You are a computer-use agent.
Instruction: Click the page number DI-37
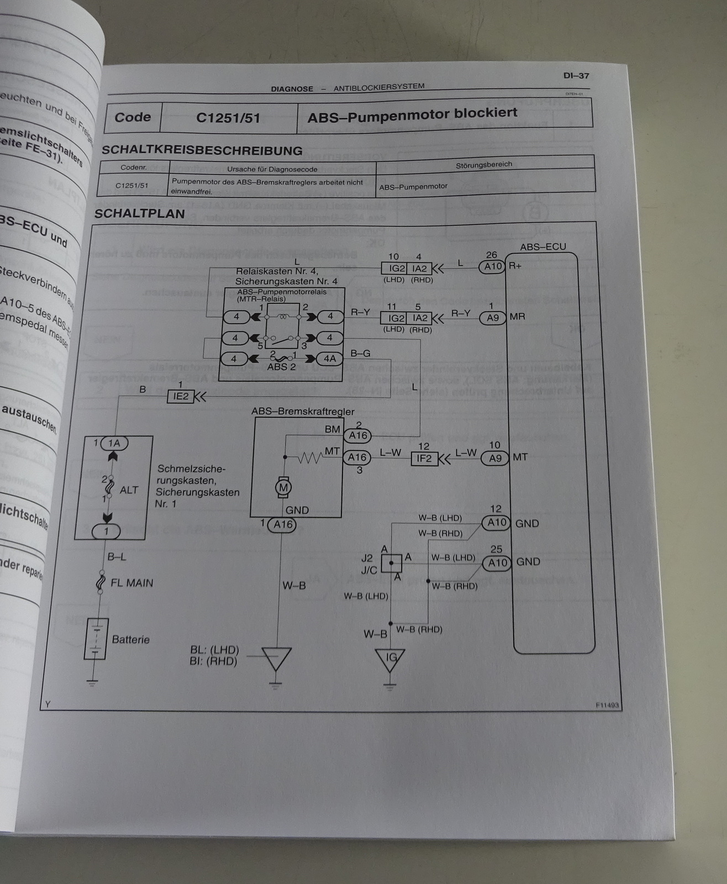pos(576,76)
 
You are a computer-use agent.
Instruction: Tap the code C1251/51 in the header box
pos(228,117)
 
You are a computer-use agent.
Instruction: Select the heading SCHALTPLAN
pos(140,214)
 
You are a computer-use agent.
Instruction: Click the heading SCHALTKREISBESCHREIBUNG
pos(202,150)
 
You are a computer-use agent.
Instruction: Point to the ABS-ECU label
pos(542,246)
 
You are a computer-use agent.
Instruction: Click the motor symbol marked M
pos(283,487)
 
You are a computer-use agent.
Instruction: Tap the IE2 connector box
pos(181,396)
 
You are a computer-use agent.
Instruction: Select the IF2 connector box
pos(424,458)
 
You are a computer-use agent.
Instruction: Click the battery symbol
pos(96,639)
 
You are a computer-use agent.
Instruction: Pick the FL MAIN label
pos(131,583)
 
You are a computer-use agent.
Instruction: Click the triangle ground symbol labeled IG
pos(390,659)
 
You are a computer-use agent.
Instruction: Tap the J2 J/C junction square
pos(391,564)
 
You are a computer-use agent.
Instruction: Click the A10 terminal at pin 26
pos(492,266)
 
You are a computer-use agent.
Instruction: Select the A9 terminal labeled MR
pos(492,318)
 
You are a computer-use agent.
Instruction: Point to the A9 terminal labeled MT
pos(494,457)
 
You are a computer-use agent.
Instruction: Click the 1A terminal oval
pos(114,443)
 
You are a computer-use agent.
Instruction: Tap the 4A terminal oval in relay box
pos(329,359)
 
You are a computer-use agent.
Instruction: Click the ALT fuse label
pos(129,490)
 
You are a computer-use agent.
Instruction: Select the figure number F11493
pos(607,706)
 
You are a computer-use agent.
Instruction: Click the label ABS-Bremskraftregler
pos(303,412)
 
